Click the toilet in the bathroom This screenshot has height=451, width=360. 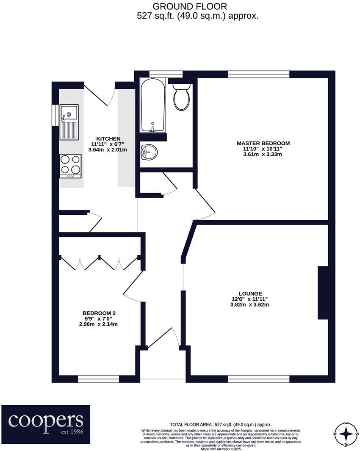182,97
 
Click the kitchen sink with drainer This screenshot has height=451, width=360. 69,122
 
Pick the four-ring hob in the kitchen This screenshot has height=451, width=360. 70,165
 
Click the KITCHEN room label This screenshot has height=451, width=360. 108,138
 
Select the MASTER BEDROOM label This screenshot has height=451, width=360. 263,143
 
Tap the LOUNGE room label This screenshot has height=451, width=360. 250,293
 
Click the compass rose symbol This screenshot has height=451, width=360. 346,434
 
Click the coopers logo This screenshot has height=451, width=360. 46,421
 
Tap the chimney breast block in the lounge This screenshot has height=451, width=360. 323,293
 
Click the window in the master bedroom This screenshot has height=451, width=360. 258,75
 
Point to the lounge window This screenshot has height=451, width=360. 258,379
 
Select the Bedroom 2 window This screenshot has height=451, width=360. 99,379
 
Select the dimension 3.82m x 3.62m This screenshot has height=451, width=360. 250,304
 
